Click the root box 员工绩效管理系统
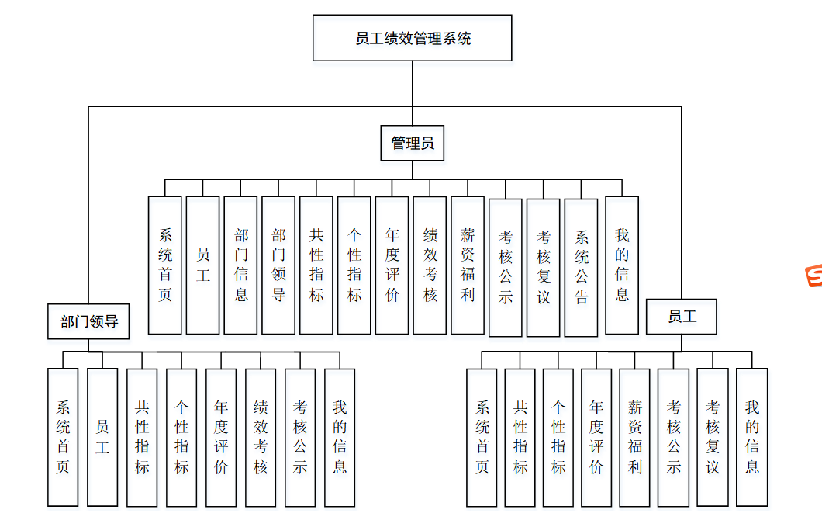[412, 38]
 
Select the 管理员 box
[412, 144]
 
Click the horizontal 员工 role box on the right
[682, 317]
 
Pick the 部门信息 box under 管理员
[240, 265]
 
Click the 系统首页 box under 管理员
[164, 265]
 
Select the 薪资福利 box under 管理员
[467, 265]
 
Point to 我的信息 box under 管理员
[621, 265]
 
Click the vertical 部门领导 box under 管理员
[278, 265]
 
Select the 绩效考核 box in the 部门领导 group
[261, 437]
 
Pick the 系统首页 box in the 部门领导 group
[63, 437]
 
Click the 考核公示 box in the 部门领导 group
[300, 437]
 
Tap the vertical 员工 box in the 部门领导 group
[102, 437]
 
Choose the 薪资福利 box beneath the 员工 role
[635, 437]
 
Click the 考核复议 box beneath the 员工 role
[713, 437]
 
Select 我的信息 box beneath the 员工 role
[751, 437]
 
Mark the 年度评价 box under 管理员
[392, 265]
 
